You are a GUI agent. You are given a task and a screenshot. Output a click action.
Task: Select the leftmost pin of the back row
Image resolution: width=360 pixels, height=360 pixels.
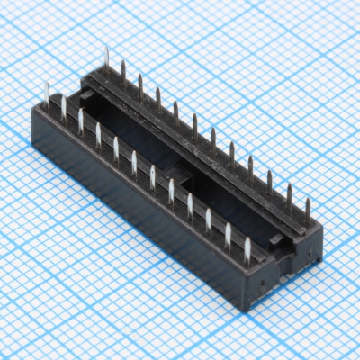[x=106, y=59]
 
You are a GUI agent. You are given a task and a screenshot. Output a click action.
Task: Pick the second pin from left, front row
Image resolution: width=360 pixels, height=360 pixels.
[x=63, y=109]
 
